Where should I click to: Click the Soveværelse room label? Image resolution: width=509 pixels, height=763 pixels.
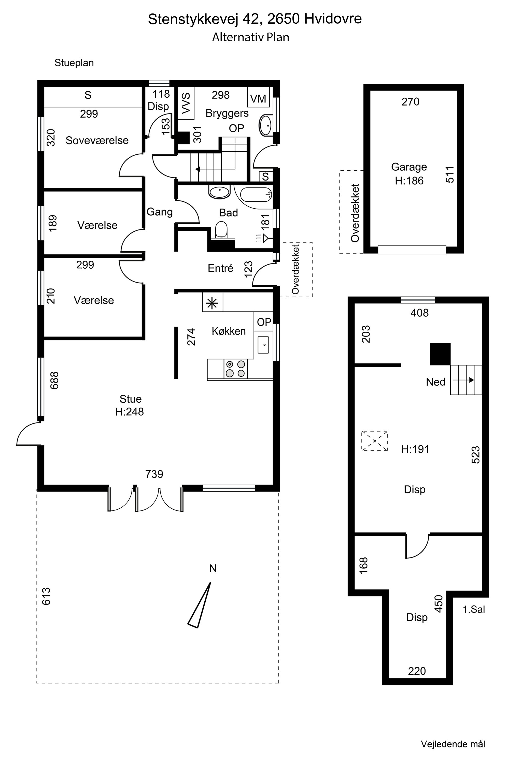(x=97, y=140)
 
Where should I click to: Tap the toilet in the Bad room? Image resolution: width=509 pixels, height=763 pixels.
(x=221, y=230)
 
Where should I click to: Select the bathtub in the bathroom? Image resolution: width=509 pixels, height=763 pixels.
(x=256, y=194)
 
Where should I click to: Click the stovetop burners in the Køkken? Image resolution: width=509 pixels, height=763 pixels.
(x=235, y=369)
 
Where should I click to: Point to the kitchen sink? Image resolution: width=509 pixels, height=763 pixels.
(x=263, y=345)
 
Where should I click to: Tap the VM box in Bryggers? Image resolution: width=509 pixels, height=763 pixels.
(x=258, y=98)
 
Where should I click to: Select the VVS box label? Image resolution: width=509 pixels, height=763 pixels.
(x=186, y=103)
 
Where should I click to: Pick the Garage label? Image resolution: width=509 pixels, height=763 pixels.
(x=409, y=167)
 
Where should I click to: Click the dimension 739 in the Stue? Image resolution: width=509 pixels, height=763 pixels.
(x=154, y=474)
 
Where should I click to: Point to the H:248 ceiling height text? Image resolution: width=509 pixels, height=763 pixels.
(x=129, y=412)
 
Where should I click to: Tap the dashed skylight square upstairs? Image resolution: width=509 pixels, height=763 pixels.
(x=375, y=441)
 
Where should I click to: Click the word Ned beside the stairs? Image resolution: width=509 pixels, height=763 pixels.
(x=436, y=382)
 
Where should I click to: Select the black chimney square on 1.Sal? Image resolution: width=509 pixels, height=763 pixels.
(x=440, y=354)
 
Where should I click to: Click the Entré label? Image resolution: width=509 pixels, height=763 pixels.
(x=221, y=268)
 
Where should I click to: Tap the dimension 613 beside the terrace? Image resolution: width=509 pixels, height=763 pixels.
(x=46, y=596)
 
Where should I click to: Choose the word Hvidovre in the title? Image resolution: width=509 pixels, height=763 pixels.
(x=333, y=19)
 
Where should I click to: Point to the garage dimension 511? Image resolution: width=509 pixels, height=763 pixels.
(x=450, y=174)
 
